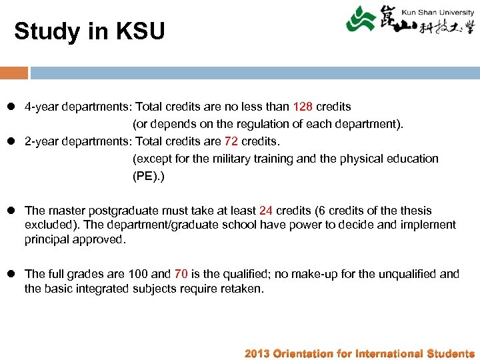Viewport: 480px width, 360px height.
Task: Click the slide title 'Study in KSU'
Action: coord(89,31)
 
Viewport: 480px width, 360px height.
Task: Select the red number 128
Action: coord(302,107)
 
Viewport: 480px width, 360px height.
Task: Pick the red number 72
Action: coord(230,141)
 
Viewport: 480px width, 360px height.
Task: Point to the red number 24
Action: coord(266,211)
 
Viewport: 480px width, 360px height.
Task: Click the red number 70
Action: coord(181,274)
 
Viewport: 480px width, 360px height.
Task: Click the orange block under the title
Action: coord(14,73)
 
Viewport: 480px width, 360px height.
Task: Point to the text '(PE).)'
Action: coord(148,176)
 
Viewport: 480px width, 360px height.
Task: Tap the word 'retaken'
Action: coord(245,289)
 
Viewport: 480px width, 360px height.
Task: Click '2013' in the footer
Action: coord(257,354)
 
